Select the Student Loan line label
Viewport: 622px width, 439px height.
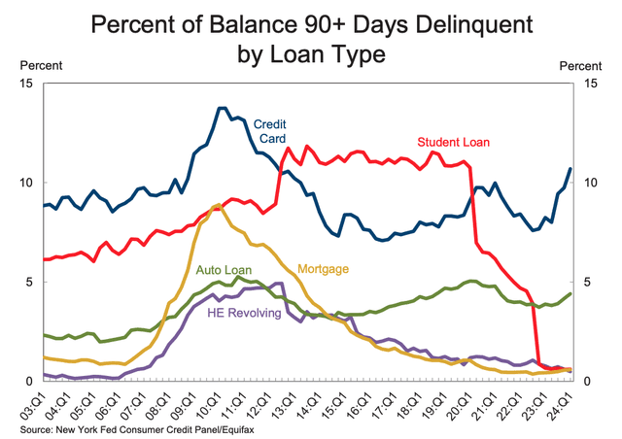coord(454,142)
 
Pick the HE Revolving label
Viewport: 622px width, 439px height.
coord(243,313)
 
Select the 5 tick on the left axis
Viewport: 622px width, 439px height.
coord(30,282)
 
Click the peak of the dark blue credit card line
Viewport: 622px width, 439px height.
coord(223,108)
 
